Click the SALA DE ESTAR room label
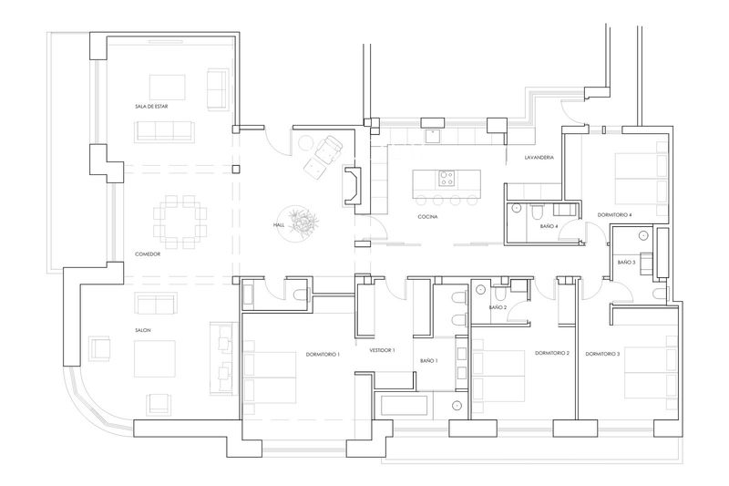pos(151,107)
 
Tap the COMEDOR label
pos(148,254)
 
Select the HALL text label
pos(279,225)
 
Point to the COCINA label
pos(427,217)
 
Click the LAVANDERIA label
pos(539,158)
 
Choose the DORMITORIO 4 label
pos(614,215)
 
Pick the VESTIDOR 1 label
pos(382,350)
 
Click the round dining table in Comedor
pos(180,222)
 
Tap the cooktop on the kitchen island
pos(447,179)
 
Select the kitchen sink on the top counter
pos(433,135)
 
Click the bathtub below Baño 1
pos(404,406)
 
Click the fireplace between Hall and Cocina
pos(352,186)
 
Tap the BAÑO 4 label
pos(549,226)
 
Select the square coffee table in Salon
pos(155,358)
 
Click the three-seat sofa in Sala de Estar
pos(165,131)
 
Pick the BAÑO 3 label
pos(626,263)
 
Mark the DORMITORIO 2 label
pos(552,354)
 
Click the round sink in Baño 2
pos(480,290)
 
